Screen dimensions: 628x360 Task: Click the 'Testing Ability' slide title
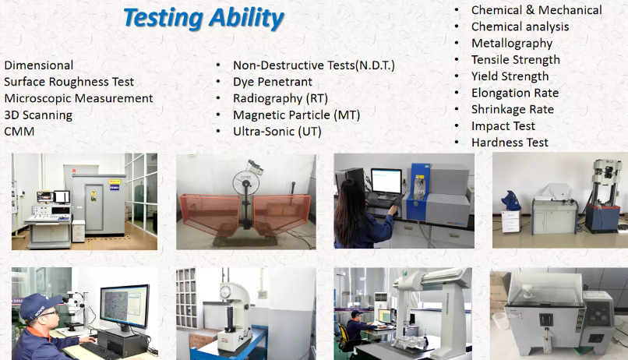203,18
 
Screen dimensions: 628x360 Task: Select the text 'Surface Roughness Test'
69,82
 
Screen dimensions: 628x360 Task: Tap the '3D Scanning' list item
38,115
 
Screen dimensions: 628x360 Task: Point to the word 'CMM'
19,132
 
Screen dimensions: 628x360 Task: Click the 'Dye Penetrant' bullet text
273,82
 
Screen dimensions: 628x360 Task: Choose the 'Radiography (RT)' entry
280,98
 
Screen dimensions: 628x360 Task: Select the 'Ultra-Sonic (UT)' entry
277,132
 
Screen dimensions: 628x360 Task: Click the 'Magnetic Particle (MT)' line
296,115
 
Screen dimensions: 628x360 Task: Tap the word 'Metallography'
512,44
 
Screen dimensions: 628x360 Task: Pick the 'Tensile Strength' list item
516,60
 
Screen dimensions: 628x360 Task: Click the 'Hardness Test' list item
510,142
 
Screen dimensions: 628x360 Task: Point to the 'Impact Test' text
503,125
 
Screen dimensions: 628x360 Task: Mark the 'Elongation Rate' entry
515,93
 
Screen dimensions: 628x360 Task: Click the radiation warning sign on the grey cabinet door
93,196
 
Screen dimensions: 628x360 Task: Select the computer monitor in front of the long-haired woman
386,182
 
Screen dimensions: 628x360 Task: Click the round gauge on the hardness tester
226,291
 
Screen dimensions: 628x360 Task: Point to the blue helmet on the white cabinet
511,200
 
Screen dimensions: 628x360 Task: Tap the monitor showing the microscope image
125,306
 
